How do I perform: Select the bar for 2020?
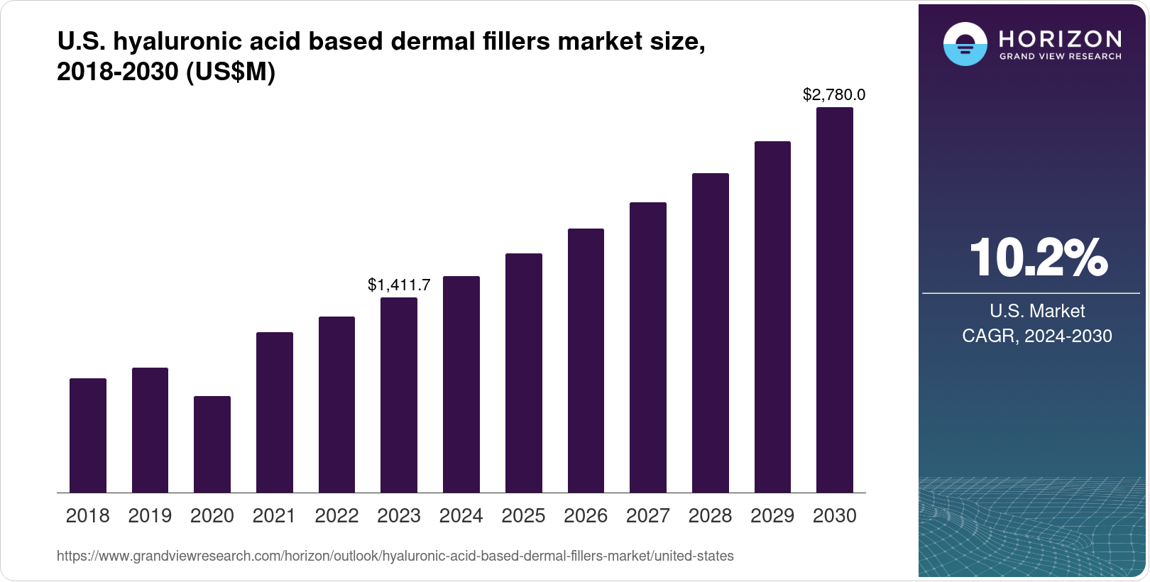point(212,444)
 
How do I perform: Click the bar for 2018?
point(88,435)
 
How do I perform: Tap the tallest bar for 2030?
point(834,300)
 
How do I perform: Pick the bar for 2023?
point(399,395)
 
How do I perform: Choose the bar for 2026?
point(586,361)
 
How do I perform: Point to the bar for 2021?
point(274,412)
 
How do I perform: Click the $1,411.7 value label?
point(399,285)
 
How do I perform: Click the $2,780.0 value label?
point(834,94)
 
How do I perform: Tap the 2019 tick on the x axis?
point(150,516)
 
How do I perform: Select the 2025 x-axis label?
point(523,516)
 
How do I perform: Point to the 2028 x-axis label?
point(710,516)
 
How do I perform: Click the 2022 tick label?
point(336,516)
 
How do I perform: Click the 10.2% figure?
point(1037,258)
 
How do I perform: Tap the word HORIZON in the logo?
point(1060,38)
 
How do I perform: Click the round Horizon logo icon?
point(965,44)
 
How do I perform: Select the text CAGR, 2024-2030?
point(1036,336)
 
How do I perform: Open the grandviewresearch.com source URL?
point(395,556)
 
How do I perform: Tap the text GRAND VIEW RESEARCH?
point(1060,56)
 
